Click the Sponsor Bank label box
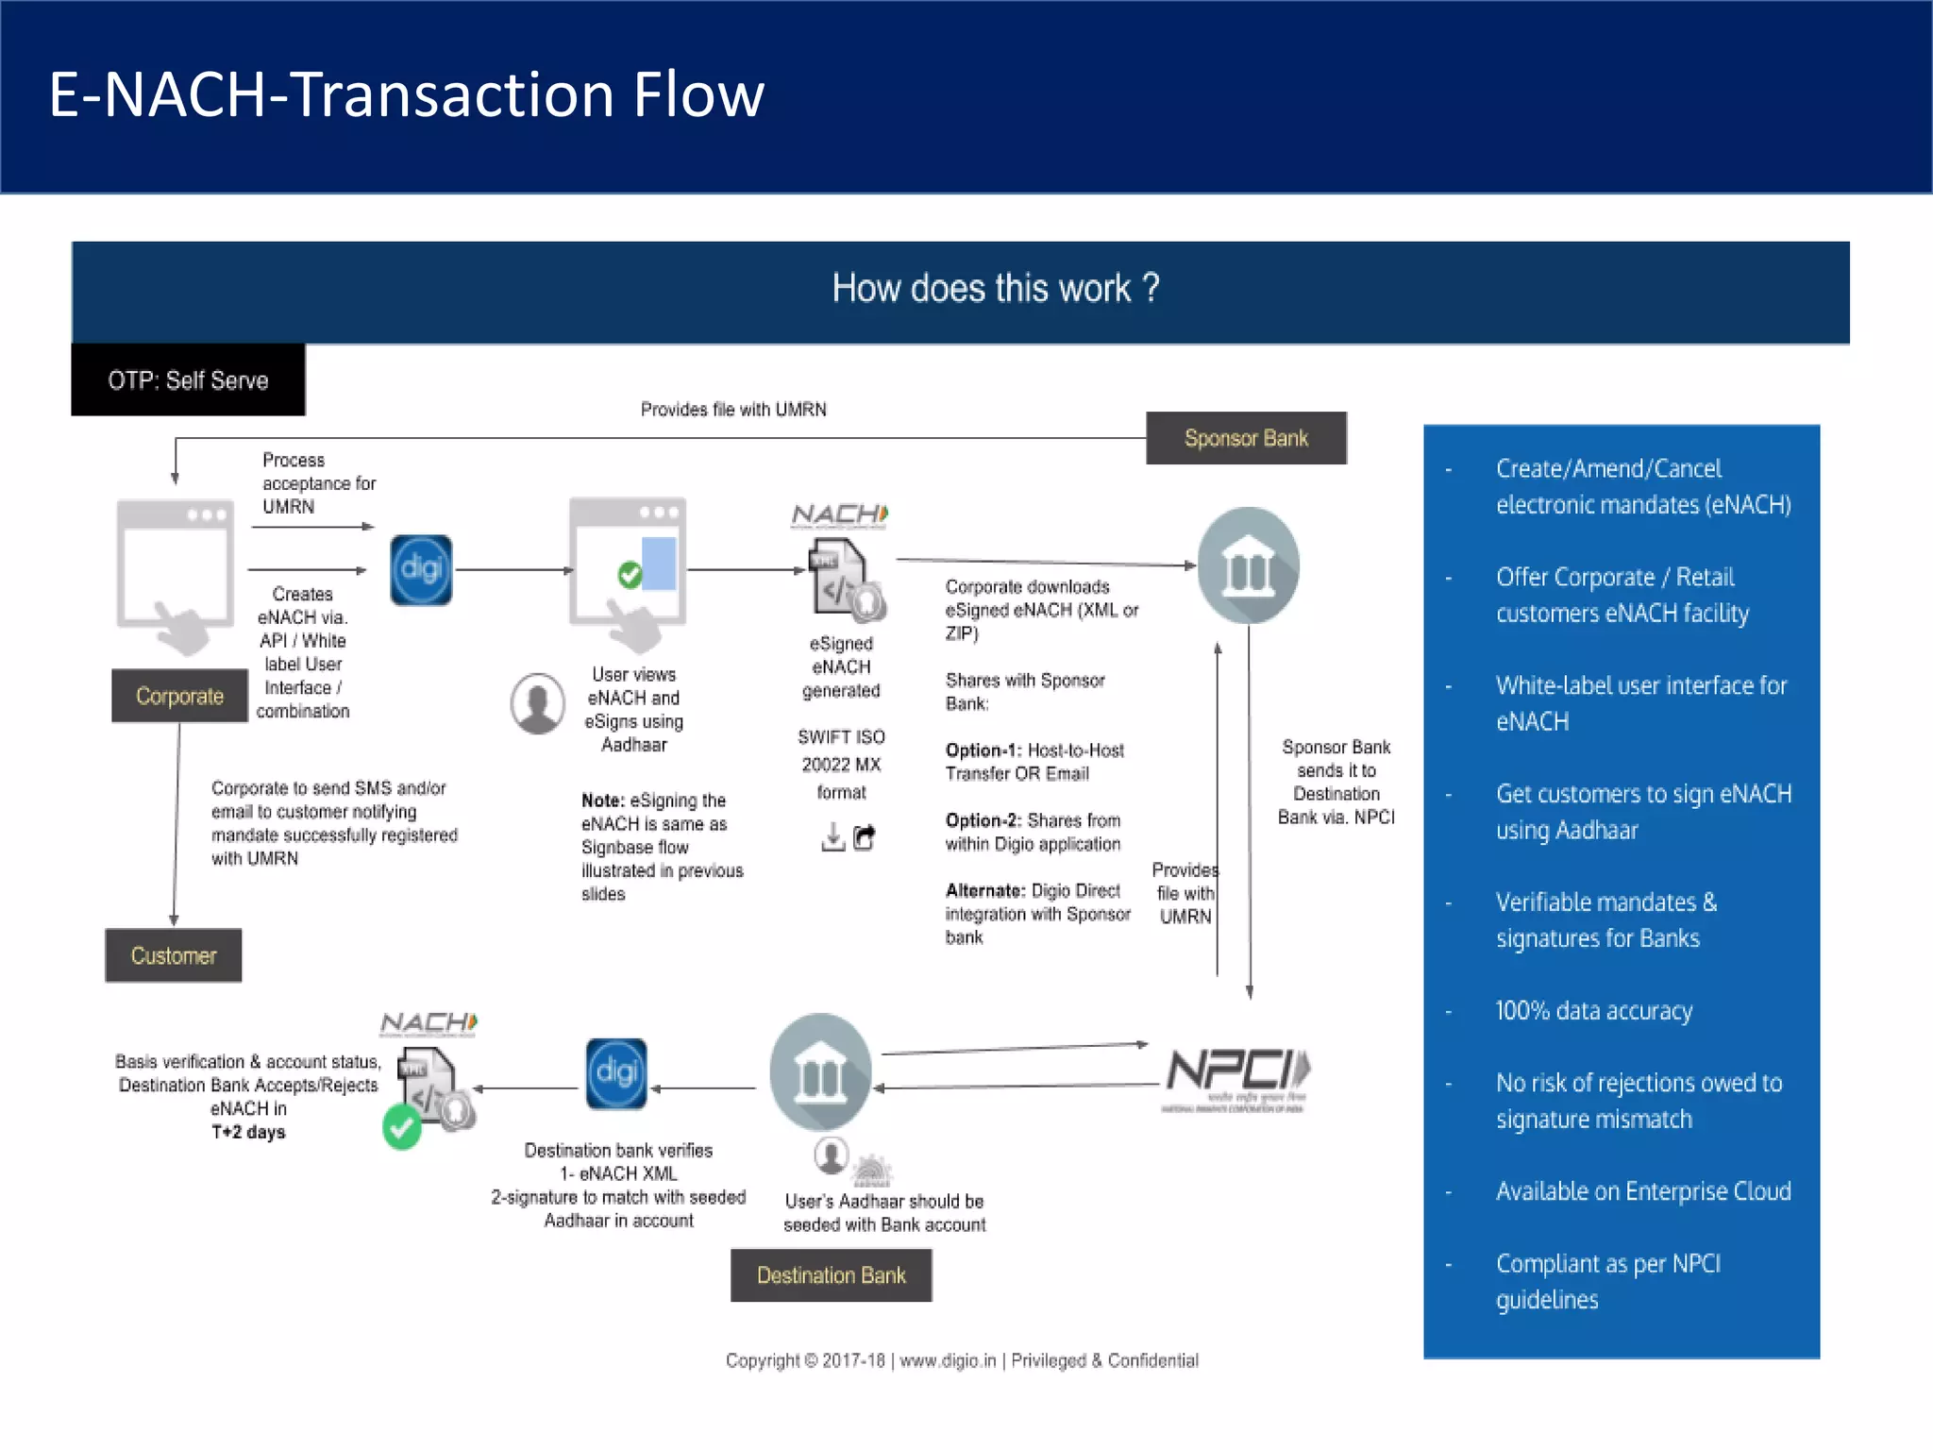tap(1246, 438)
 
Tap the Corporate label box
tap(179, 696)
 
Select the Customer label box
tap(174, 955)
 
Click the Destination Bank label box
tap(831, 1275)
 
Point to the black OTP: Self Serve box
tap(188, 380)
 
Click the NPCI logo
tap(1236, 1076)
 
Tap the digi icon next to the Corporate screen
tap(421, 569)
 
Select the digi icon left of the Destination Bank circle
tap(616, 1073)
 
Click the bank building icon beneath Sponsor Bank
tap(1248, 565)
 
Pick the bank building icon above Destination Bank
tap(820, 1072)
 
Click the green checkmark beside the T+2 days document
tap(402, 1128)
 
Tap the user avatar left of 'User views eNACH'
tap(537, 703)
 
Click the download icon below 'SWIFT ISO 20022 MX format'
tap(832, 837)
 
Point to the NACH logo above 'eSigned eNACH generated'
tap(839, 515)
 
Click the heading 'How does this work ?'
tap(995, 288)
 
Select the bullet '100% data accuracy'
tap(1593, 1011)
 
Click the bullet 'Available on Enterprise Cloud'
tap(1642, 1191)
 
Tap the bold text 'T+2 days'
tap(248, 1132)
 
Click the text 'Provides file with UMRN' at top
tap(733, 410)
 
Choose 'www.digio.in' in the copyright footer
tap(948, 1360)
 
